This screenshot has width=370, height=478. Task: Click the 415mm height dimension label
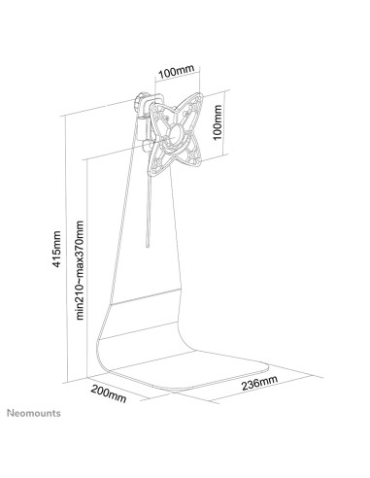[x=57, y=249]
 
